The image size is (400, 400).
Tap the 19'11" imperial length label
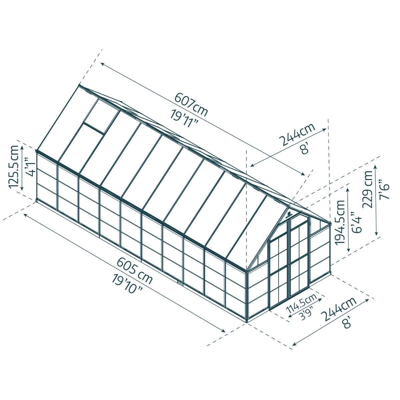point(184,119)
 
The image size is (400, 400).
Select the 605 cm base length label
point(135,271)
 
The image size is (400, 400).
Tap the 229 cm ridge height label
point(369,189)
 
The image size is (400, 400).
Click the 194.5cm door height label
point(340,222)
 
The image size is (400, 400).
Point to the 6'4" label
point(358,222)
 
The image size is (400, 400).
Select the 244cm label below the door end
point(339,308)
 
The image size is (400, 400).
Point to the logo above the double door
point(289,215)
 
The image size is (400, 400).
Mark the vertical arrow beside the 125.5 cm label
point(22,167)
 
